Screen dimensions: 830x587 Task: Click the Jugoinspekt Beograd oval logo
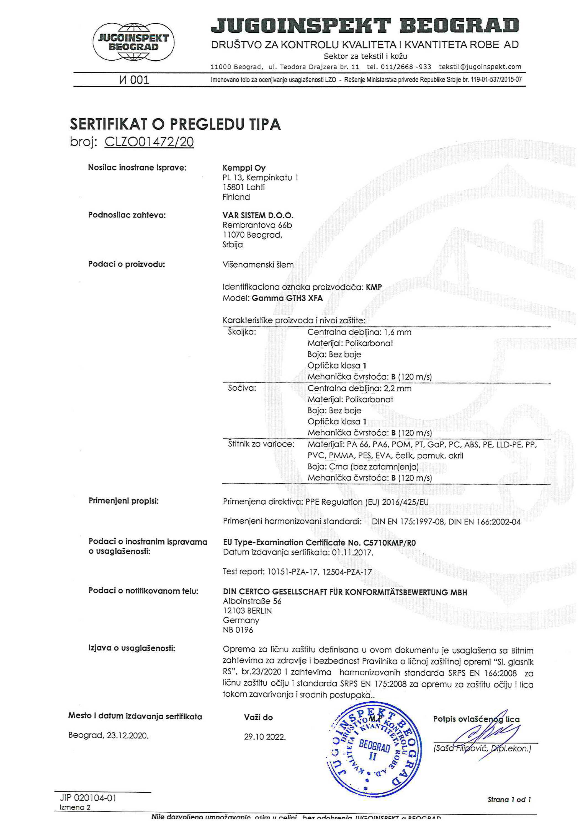pos(133,42)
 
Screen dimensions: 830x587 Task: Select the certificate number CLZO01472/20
pos(149,142)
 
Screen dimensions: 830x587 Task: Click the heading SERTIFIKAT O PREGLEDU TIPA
pos(175,124)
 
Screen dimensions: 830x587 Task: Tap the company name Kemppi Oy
pos(244,168)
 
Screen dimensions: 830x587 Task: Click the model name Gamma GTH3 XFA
pos(287,298)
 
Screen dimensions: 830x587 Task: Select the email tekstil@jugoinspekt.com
pos(480,66)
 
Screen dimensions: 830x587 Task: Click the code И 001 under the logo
pos(134,80)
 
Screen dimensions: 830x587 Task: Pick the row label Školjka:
pos(242,332)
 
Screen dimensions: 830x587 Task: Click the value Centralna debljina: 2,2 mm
pos(359,388)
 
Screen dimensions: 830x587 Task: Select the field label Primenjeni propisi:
pos(123,501)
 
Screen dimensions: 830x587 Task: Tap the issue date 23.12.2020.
pos(127,735)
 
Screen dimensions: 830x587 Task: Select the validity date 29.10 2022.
pos(265,737)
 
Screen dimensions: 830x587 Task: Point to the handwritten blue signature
pos(485,740)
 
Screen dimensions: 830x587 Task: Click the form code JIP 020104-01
pos(88,797)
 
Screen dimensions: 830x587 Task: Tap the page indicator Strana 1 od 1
pos(509,800)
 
